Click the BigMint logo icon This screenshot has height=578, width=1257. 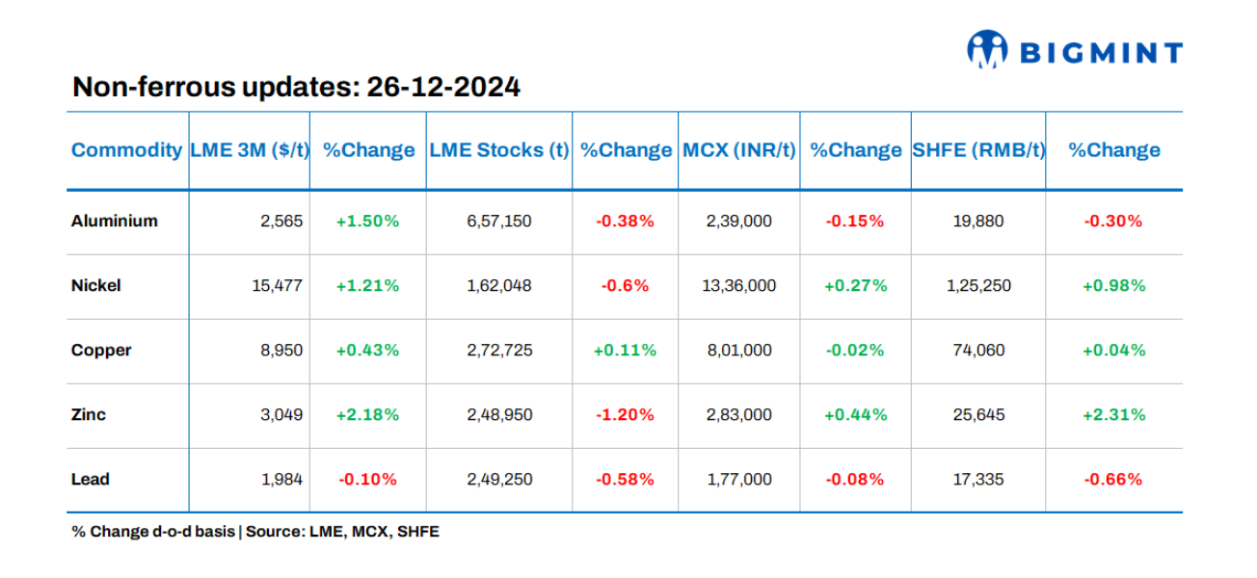(x=987, y=50)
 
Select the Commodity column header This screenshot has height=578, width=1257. (x=126, y=150)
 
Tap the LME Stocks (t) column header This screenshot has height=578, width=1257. (x=498, y=150)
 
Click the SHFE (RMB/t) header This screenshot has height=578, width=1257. (x=978, y=150)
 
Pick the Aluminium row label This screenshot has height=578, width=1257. (x=114, y=221)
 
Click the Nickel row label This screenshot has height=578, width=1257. (x=95, y=285)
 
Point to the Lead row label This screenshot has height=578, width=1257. (x=90, y=479)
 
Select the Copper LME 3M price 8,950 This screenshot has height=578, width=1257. (x=281, y=350)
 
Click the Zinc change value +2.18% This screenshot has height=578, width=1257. (x=367, y=414)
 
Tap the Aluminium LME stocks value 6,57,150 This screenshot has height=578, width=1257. (x=498, y=221)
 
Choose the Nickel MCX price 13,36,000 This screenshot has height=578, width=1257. (x=738, y=285)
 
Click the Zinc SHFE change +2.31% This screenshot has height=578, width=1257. (x=1113, y=414)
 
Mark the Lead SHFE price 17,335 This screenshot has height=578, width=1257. (x=978, y=479)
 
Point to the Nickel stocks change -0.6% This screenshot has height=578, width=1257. (x=625, y=285)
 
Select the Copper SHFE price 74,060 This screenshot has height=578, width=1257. (x=978, y=350)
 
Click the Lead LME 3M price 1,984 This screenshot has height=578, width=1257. (x=281, y=479)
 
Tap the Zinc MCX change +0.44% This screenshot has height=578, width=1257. (x=855, y=414)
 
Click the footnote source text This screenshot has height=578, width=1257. (x=254, y=531)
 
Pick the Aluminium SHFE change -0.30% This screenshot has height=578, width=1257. (x=1113, y=221)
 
